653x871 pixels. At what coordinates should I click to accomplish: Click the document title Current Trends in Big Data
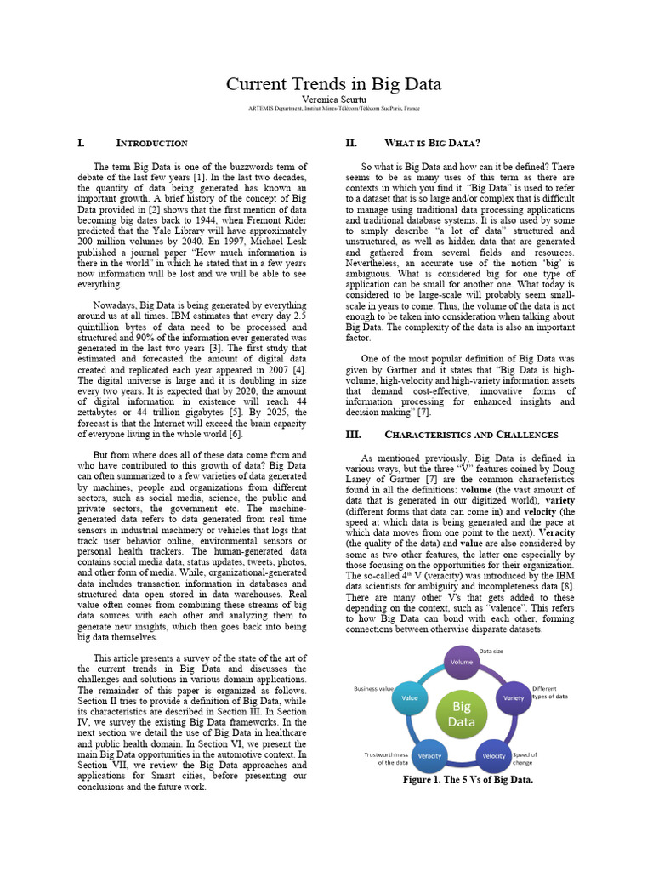(332, 84)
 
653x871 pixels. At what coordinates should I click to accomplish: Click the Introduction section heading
(151, 144)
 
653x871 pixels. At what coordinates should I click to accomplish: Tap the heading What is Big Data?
(433, 143)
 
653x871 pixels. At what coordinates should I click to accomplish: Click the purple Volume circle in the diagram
(462, 662)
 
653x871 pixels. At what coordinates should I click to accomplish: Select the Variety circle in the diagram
(513, 697)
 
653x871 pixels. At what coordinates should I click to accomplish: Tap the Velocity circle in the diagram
(494, 755)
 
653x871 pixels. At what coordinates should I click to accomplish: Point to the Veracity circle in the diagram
(429, 755)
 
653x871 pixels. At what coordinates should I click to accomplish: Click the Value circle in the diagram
(410, 697)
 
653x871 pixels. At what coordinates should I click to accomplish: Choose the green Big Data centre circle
(461, 714)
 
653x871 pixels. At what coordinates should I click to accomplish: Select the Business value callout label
(374, 688)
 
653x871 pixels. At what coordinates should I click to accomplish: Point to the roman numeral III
(353, 435)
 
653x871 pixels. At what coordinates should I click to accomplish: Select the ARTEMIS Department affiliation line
(332, 110)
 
